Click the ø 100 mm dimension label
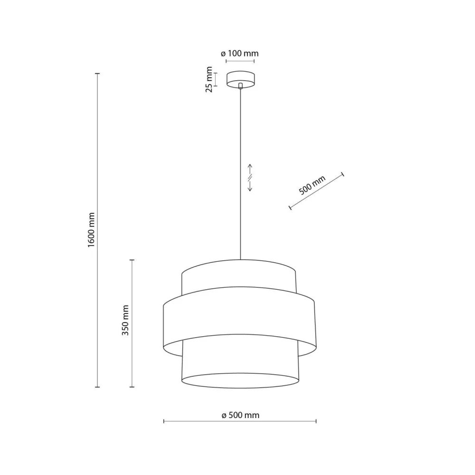click(x=240, y=54)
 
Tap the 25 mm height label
click(x=209, y=79)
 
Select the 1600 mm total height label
click(x=92, y=230)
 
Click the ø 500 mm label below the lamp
click(x=240, y=415)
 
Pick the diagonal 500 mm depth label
click(x=312, y=186)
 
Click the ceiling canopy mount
click(x=240, y=78)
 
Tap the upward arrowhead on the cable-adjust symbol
click(x=250, y=167)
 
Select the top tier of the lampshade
click(x=239, y=275)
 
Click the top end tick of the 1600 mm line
click(x=97, y=74)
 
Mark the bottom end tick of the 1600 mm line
click(x=97, y=387)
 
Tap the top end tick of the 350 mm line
click(x=132, y=260)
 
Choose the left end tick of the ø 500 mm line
click(x=164, y=420)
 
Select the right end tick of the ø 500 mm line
click(x=316, y=420)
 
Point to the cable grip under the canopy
click(x=240, y=86)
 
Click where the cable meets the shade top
click(x=240, y=259)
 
